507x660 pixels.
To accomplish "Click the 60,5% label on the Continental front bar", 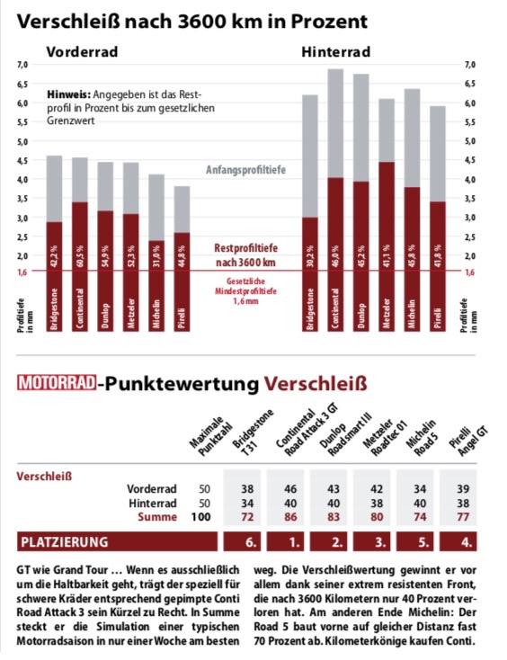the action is click(x=80, y=255).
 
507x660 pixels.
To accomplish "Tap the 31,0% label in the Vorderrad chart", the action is click(x=156, y=255).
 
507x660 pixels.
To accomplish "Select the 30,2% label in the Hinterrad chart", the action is click(x=310, y=255).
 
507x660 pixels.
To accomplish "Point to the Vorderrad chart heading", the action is click(x=82, y=52).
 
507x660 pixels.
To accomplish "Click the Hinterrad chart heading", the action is click(x=336, y=52).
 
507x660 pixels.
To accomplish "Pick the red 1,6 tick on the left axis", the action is click(x=22, y=272).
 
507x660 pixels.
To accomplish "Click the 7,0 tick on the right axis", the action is click(x=470, y=65).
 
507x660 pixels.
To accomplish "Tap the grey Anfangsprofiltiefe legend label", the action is click(x=245, y=170).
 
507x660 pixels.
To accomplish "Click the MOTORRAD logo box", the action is click(x=57, y=383).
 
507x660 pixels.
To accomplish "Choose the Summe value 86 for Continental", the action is click(x=290, y=517).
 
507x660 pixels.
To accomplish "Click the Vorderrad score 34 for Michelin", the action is click(x=420, y=489).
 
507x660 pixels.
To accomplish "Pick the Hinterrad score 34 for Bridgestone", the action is click(x=247, y=503).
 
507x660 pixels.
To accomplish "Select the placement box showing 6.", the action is click(x=242, y=541).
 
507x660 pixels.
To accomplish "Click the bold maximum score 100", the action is click(x=200, y=517).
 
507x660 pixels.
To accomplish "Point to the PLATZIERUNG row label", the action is click(x=65, y=541).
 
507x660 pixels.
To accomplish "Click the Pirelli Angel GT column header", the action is click(x=467, y=440).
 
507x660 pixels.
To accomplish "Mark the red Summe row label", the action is click(x=157, y=517).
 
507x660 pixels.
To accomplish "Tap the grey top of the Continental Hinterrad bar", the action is click(x=336, y=123).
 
